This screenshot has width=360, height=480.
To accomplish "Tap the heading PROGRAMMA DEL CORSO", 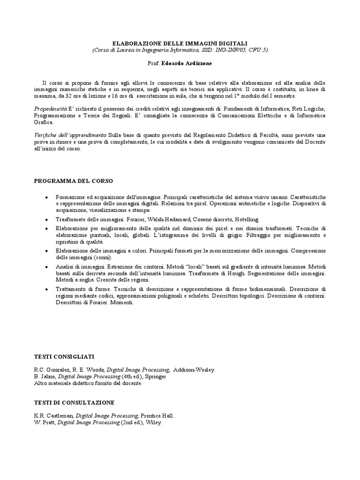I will pos(74,180).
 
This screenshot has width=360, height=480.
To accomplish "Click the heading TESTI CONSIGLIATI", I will pos(64,357).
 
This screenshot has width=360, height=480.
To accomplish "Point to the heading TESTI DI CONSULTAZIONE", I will pos(74,403).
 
